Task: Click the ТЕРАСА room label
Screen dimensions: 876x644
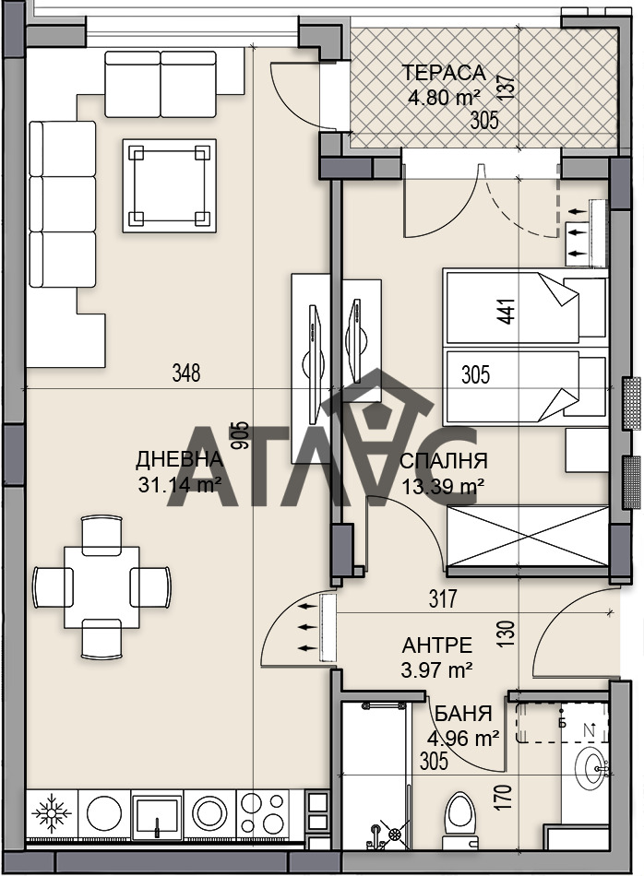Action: [443, 73]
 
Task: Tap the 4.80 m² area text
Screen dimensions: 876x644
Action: [442, 96]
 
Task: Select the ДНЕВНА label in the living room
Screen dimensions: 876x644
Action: [179, 459]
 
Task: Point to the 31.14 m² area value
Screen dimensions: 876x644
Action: [179, 482]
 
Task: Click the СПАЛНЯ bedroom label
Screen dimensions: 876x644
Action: [444, 462]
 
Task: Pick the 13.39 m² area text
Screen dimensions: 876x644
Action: [444, 485]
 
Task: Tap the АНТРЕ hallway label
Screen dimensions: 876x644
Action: [437, 645]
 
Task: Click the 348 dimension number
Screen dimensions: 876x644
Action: [186, 373]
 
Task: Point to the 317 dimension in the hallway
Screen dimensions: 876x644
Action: [444, 599]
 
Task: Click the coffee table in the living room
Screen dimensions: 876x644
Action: [170, 186]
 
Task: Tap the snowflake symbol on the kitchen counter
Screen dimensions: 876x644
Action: [52, 812]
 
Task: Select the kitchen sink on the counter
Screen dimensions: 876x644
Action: [158, 812]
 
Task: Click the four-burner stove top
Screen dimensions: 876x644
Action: [265, 812]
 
